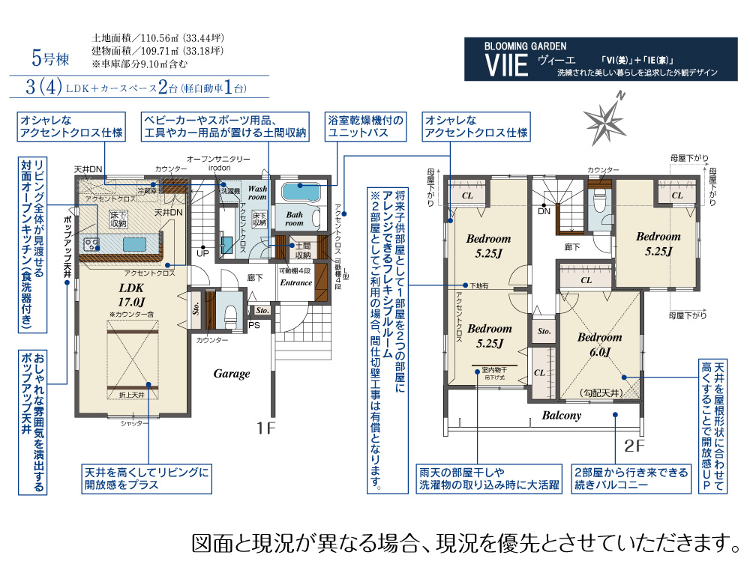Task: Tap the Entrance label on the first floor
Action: (x=295, y=283)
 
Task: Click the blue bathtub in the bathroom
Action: (x=299, y=191)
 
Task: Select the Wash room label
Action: (x=257, y=193)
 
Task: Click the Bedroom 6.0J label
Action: (x=599, y=344)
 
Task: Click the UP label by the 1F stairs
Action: (x=202, y=253)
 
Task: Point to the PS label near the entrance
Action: (x=254, y=325)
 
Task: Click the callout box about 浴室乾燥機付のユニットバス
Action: (x=365, y=127)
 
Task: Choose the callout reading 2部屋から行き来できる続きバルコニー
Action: (x=630, y=479)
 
